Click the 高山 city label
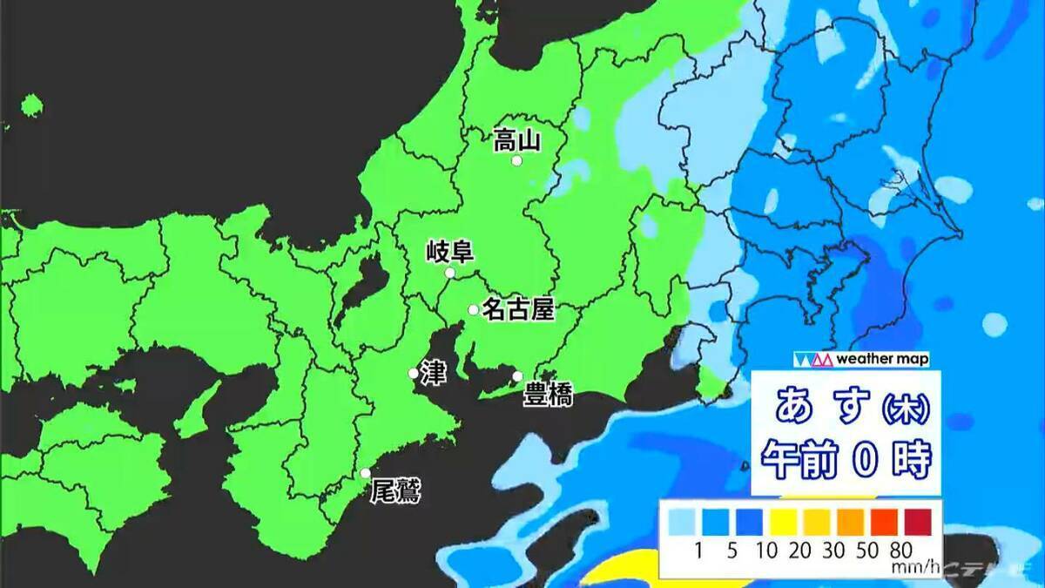[x=517, y=139]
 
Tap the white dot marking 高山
[x=516, y=161]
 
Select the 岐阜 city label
[x=449, y=253]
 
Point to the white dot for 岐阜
[x=449, y=274]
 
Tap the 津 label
[x=432, y=372]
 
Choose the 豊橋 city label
[x=548, y=396]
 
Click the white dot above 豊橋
[x=517, y=376]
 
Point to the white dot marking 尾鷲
[x=366, y=473]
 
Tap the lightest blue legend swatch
[x=682, y=522]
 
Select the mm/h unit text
[x=914, y=568]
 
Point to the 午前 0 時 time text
[x=846, y=456]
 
